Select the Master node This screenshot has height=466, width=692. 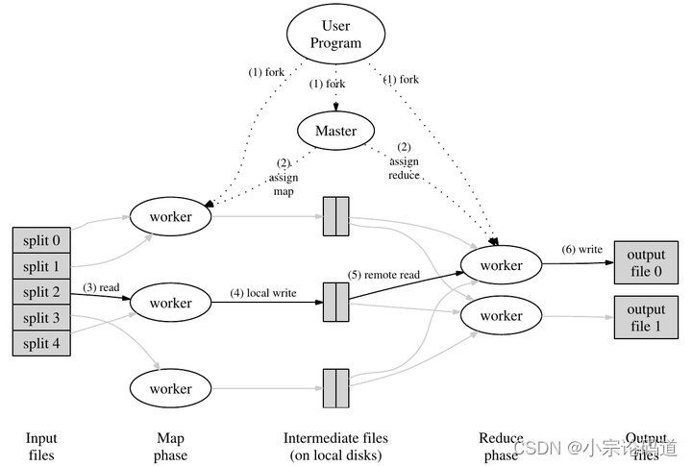336,131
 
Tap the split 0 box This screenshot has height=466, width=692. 41,240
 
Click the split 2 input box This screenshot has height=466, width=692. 41,292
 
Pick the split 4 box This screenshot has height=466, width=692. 41,343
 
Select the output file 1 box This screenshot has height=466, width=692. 646,318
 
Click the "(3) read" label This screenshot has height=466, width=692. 101,286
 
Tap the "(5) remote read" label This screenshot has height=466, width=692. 384,274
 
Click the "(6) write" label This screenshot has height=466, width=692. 582,250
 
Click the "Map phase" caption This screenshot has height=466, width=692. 171,447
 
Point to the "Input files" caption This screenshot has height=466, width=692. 41,447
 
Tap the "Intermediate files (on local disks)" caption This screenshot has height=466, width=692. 335,447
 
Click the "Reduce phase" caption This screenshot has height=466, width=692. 501,447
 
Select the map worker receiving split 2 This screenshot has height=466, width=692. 171,304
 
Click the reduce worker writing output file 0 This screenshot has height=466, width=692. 501,265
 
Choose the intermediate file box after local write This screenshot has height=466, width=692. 335,302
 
